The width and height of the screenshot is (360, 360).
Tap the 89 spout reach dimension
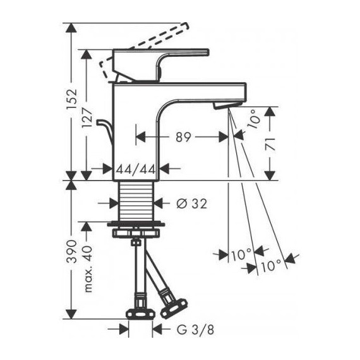point(184,136)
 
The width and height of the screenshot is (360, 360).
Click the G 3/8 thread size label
point(190,330)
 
